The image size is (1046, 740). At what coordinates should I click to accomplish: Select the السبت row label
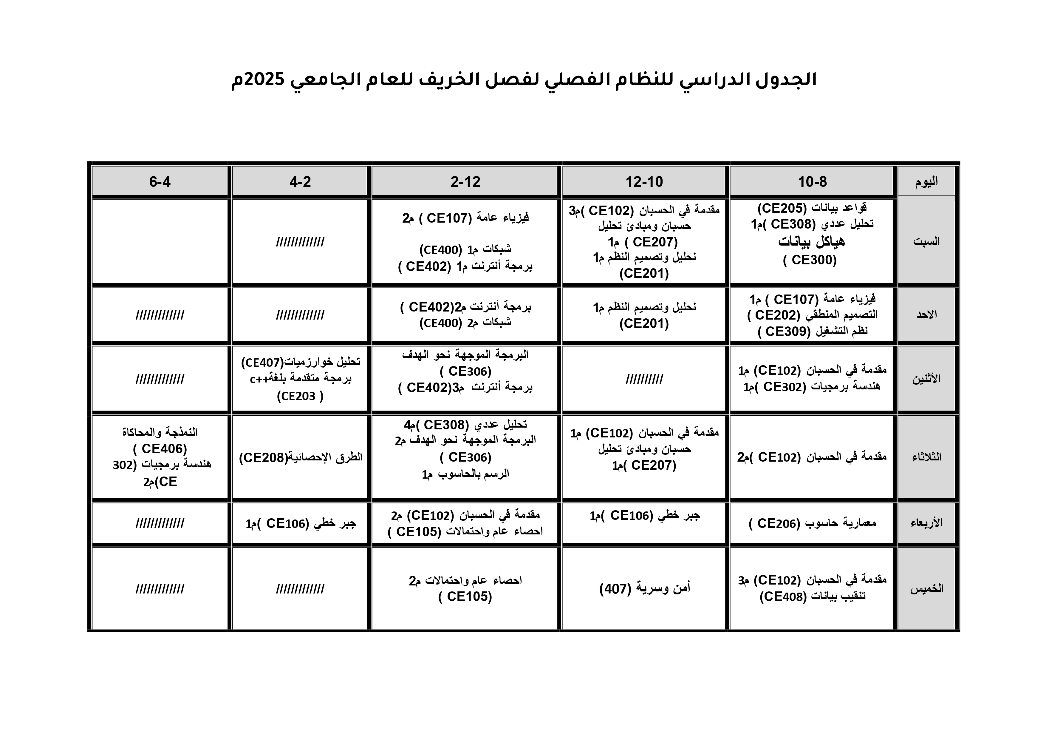pyautogui.click(x=926, y=241)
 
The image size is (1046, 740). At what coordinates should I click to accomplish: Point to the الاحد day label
pyautogui.click(x=926, y=314)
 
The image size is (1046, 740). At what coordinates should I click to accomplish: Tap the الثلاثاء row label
pyautogui.click(x=926, y=457)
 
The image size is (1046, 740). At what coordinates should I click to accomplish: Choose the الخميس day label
pyautogui.click(x=926, y=588)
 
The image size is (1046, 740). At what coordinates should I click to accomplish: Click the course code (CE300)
pyautogui.click(x=810, y=260)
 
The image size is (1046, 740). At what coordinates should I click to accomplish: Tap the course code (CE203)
pyautogui.click(x=300, y=396)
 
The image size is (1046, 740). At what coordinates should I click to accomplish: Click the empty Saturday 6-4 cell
pyautogui.click(x=160, y=241)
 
